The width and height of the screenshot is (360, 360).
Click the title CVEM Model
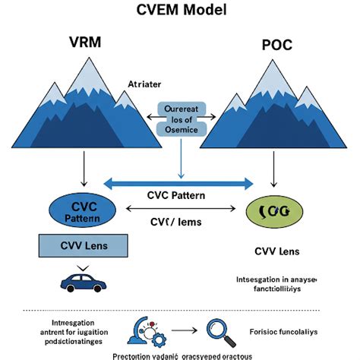tap(179, 12)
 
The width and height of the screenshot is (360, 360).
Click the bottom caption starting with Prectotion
tap(180, 354)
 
